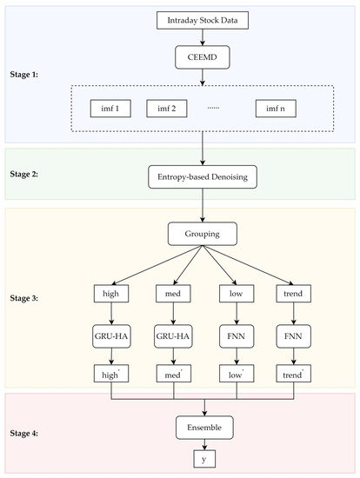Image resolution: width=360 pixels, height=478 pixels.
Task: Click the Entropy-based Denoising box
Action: tap(203, 177)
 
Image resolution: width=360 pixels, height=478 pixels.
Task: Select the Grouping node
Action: tap(203, 235)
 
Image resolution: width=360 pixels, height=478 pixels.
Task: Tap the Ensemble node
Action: tap(203, 428)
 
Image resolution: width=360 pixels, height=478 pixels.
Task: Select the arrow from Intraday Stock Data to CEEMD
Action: tap(203, 37)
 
